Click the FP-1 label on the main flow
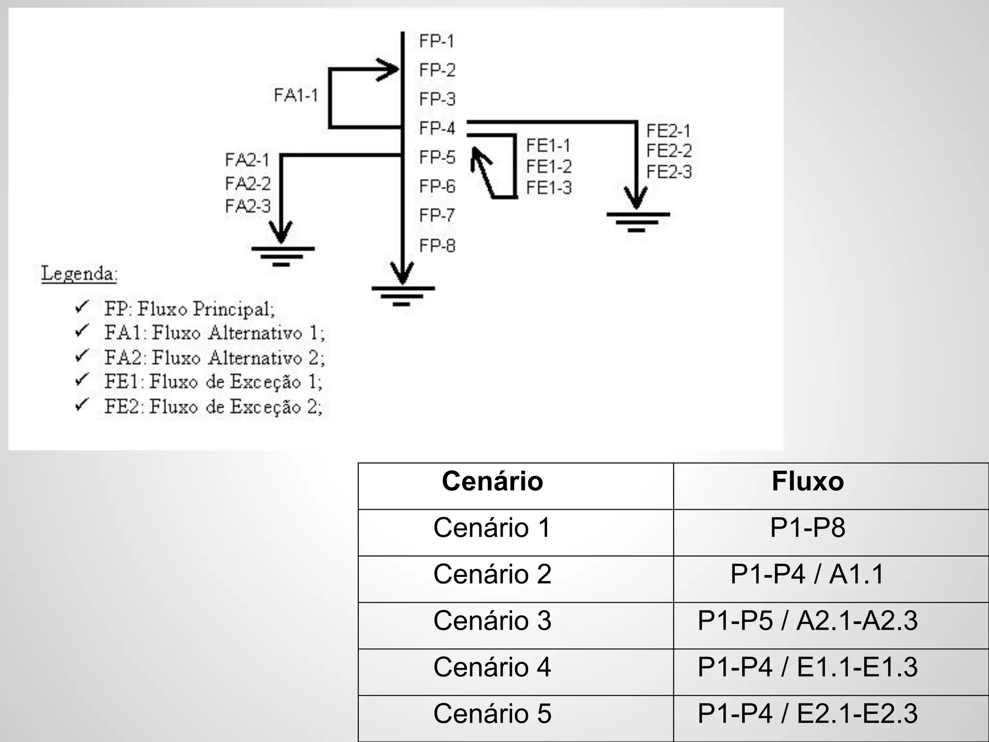[437, 41]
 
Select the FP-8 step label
[437, 246]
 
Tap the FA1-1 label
[296, 95]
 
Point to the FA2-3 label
[248, 206]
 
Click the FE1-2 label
[549, 167]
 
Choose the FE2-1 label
[668, 130]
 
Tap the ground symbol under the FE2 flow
[637, 221]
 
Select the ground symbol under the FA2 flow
[283, 256]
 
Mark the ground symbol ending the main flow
[403, 296]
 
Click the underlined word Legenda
[79, 273]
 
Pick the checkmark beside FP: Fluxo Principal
[82, 307]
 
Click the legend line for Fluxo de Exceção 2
[213, 407]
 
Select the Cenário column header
[492, 481]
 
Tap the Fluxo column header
[807, 481]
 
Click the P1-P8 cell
[807, 528]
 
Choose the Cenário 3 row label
[492, 621]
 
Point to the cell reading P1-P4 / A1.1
[807, 574]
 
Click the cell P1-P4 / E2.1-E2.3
[807, 713]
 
